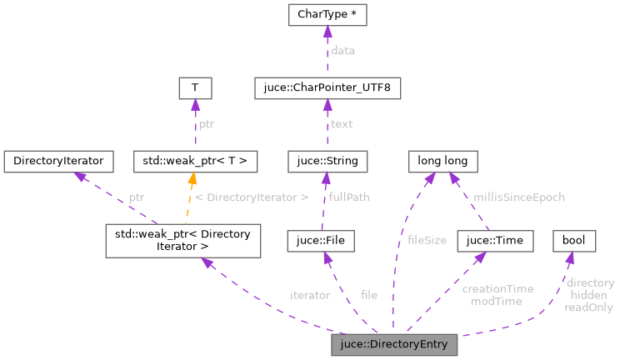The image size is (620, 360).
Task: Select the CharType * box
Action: (x=327, y=15)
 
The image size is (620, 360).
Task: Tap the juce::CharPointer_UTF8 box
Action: (x=327, y=87)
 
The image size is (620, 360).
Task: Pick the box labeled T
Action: (x=194, y=87)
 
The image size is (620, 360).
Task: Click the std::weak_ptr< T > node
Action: (x=195, y=158)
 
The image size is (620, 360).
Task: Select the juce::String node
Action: (x=327, y=158)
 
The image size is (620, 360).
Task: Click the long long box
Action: (x=442, y=158)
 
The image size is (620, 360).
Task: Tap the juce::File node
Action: (x=321, y=241)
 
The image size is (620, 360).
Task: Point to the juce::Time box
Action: (x=494, y=241)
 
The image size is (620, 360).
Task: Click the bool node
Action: (x=574, y=241)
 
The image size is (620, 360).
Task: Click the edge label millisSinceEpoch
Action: (x=518, y=197)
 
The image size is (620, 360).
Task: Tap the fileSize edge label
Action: (x=427, y=240)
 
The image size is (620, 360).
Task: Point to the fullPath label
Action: (x=349, y=197)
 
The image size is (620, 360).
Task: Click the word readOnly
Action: (x=588, y=307)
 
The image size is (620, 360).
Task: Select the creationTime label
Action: (x=497, y=288)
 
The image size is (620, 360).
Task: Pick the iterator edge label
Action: (x=310, y=294)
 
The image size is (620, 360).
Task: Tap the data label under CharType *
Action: (x=342, y=51)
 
